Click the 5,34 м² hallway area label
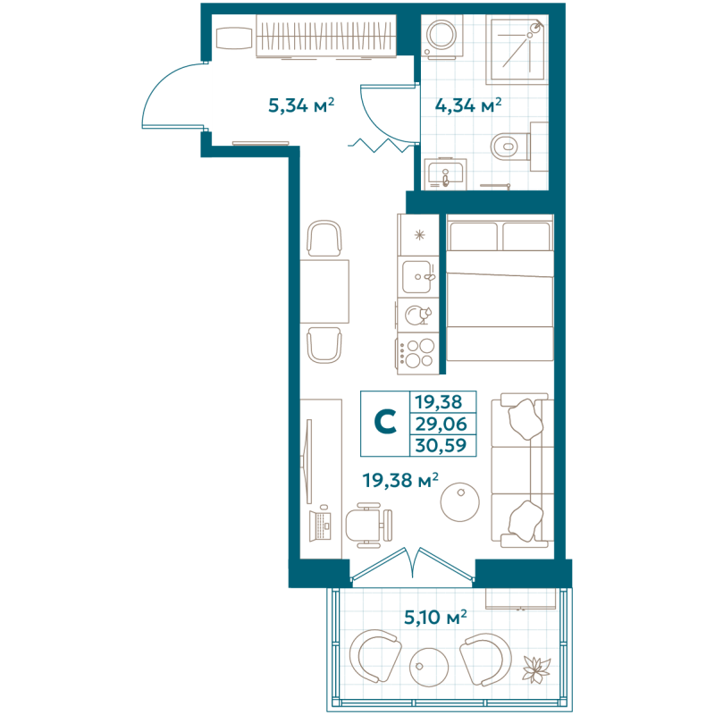pos(301,105)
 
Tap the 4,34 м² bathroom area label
pos(468,105)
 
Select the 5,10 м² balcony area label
pos(435,617)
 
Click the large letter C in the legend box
pos(385,422)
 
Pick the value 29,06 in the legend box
pos(441,424)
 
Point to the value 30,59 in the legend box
pos(441,445)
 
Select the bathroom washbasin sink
pos(445,174)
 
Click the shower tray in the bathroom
pos(517,49)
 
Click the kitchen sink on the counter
pos(417,277)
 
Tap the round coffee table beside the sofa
pos(459,501)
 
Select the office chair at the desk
pos(369,526)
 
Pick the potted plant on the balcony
pos(536,669)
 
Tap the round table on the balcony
pos(429,667)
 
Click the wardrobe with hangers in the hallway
pos(325,37)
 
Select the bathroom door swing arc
pos(376,123)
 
